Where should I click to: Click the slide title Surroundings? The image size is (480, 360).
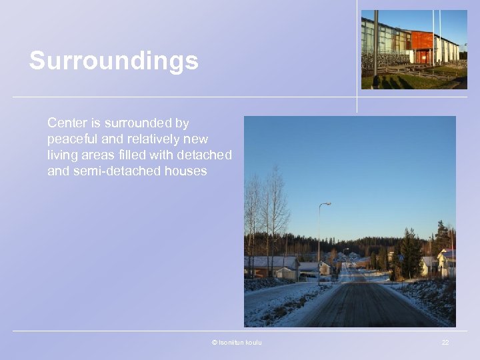click(113, 61)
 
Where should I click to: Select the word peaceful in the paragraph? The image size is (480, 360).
click(72, 139)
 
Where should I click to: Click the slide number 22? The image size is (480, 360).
click(445, 342)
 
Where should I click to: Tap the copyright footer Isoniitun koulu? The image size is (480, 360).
click(237, 342)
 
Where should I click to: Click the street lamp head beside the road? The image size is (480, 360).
click(327, 204)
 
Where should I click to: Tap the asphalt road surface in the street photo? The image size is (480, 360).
click(363, 307)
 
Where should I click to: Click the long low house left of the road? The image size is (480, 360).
click(270, 266)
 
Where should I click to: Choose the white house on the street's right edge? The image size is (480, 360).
click(446, 263)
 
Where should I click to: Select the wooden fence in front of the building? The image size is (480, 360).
click(413, 72)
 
